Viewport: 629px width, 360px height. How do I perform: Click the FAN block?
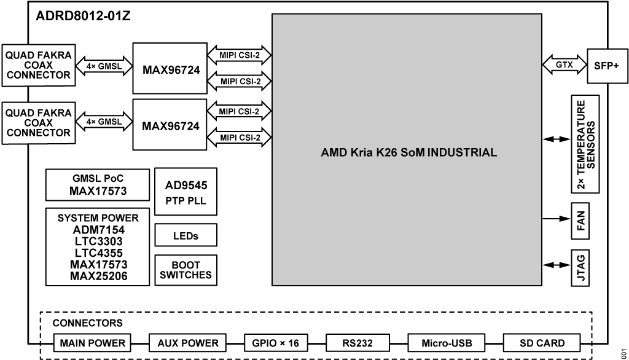[581, 220]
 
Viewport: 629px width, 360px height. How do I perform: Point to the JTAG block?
[581, 266]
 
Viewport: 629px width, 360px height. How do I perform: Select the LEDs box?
[186, 236]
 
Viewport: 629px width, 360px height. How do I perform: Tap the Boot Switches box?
[186, 270]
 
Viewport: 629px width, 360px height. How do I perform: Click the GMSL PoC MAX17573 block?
[98, 185]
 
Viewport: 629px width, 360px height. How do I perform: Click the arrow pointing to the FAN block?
[556, 219]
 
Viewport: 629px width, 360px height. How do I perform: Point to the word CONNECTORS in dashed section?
[87, 323]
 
